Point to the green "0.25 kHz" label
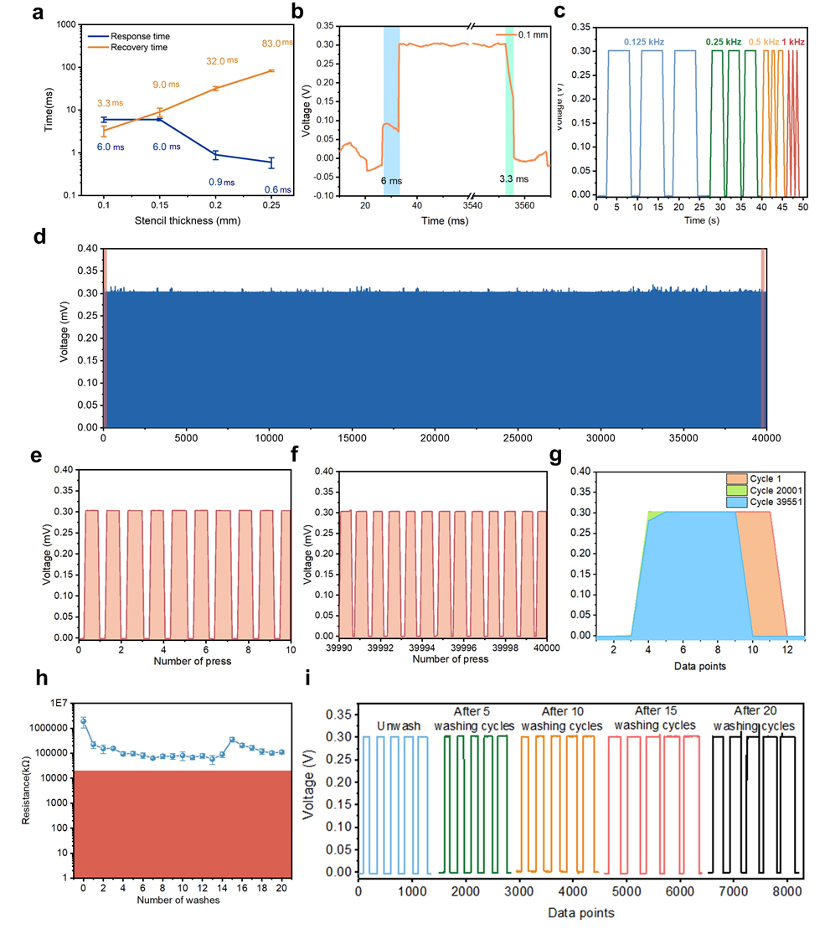[x=722, y=41]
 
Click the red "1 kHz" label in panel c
[x=794, y=41]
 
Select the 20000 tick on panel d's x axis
[x=434, y=438]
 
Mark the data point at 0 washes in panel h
[x=83, y=720]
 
